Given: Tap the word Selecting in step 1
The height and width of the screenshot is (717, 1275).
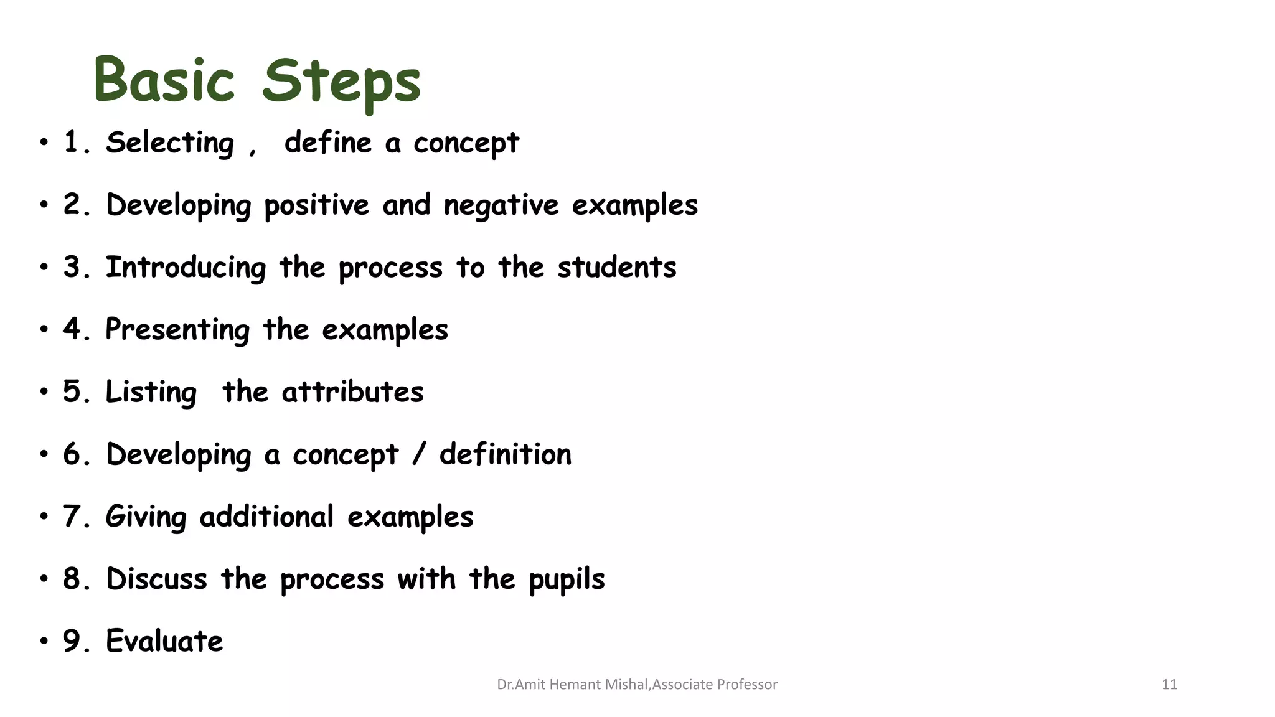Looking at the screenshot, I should tap(170, 143).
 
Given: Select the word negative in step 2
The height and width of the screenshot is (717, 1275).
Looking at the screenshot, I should tap(501, 205).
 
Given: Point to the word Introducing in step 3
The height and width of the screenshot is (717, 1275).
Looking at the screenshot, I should tap(186, 268).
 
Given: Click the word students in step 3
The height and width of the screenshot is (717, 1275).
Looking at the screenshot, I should tap(616, 268).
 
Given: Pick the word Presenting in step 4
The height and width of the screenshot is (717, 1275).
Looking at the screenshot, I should tap(177, 330).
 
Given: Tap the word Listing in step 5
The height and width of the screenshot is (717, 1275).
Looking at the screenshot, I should tap(151, 392).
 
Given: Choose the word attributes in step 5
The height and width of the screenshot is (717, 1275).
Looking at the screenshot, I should tap(352, 392).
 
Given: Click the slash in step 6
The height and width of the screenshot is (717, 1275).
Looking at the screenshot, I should tap(419, 454).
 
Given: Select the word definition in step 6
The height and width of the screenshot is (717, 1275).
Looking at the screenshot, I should tap(505, 454).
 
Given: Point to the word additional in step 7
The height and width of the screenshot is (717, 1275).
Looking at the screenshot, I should tap(266, 517).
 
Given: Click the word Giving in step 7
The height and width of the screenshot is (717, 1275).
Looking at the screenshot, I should tap(146, 517).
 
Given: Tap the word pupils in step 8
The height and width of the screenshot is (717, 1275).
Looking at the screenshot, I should tap(567, 579).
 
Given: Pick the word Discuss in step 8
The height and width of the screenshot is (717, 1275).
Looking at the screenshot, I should tap(156, 579).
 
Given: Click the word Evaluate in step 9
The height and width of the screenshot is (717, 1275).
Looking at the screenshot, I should tap(164, 641).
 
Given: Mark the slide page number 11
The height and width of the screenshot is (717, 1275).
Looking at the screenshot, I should tap(1169, 685).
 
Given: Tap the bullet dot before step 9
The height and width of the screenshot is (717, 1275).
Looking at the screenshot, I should tap(44, 641).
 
